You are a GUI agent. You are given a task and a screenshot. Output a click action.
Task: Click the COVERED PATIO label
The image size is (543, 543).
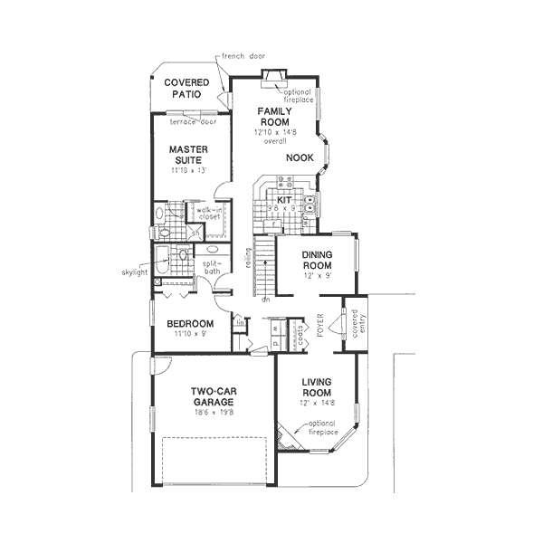[x=186, y=89]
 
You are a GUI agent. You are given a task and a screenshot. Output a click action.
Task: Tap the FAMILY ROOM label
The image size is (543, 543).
[x=272, y=116]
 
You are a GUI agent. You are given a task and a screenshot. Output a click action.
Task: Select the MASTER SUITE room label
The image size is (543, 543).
[x=189, y=155]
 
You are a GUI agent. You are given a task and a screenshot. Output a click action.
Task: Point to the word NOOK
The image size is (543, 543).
[x=300, y=157]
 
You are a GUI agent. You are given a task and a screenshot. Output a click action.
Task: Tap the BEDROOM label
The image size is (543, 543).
[x=190, y=323]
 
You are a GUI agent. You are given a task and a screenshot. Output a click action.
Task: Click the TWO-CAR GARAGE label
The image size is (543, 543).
[x=214, y=398]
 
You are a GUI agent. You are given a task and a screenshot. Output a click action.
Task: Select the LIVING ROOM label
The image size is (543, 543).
[x=319, y=388]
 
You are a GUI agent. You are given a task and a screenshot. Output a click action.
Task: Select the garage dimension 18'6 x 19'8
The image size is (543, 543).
[x=214, y=412]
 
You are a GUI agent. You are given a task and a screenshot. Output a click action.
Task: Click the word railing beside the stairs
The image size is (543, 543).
[x=246, y=259]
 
